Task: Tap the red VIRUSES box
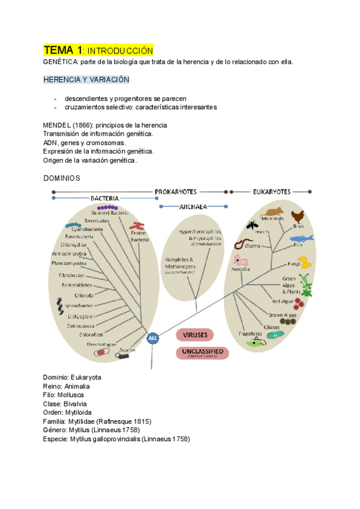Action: click(x=203, y=334)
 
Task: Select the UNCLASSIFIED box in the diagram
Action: click(x=203, y=352)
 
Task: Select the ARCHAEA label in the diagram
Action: click(x=193, y=206)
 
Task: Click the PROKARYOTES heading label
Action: click(x=176, y=191)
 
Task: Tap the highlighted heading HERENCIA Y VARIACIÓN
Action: click(x=86, y=79)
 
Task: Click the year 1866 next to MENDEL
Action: click(x=83, y=125)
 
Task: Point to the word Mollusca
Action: click(x=71, y=395)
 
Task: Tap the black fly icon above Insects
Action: click(x=251, y=224)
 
